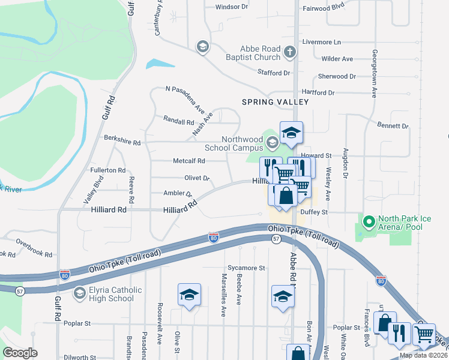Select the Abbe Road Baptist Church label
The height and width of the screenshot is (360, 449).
pyautogui.click(x=260, y=53)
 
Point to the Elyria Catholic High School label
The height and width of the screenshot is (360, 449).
pyautogui.click(x=111, y=294)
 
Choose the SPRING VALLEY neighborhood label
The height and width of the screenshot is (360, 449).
pyautogui.click(x=275, y=102)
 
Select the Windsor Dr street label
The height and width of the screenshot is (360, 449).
pyautogui.click(x=231, y=7)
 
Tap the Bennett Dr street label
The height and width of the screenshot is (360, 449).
pyautogui.click(x=393, y=127)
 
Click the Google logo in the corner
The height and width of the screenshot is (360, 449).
pyautogui.click(x=20, y=353)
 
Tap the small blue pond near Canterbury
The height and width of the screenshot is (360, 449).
pyautogui.click(x=155, y=62)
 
